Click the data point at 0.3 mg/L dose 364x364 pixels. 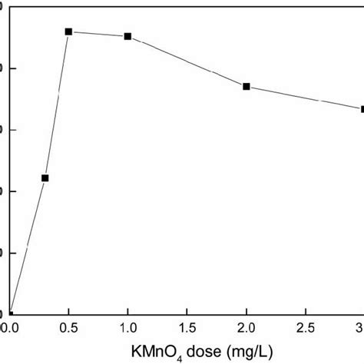click(45, 178)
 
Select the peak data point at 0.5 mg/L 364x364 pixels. click(68, 31)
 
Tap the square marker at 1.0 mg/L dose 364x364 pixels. click(127, 36)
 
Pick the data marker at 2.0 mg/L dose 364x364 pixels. click(247, 86)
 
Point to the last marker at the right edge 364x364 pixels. click(362, 109)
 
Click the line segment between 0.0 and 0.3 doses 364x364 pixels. click(28, 246)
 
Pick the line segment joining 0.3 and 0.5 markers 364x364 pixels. click(57, 104)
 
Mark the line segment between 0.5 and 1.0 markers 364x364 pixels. click(98, 34)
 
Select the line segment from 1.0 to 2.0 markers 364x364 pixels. click(187, 61)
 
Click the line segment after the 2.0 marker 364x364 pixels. click(304, 98)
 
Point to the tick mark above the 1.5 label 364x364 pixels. click(187, 311)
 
